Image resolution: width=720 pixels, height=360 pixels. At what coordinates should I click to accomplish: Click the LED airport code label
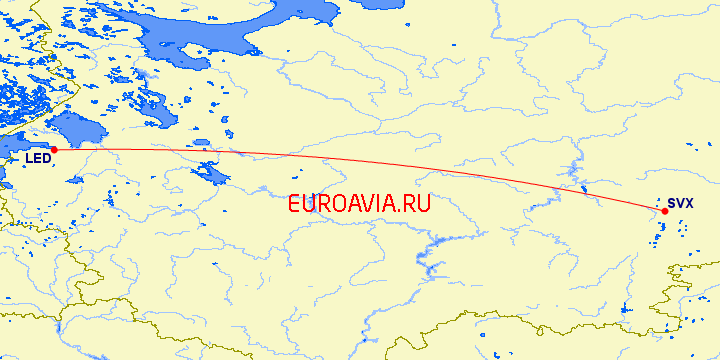(38, 158)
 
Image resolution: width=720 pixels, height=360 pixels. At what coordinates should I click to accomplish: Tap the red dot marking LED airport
(54, 150)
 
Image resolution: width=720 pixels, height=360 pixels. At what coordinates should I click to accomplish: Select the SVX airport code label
(680, 203)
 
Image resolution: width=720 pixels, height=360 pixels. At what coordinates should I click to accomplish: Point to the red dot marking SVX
(665, 211)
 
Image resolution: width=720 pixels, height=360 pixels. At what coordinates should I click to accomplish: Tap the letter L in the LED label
(29, 158)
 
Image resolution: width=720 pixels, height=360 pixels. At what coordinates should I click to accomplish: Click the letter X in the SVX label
(689, 203)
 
